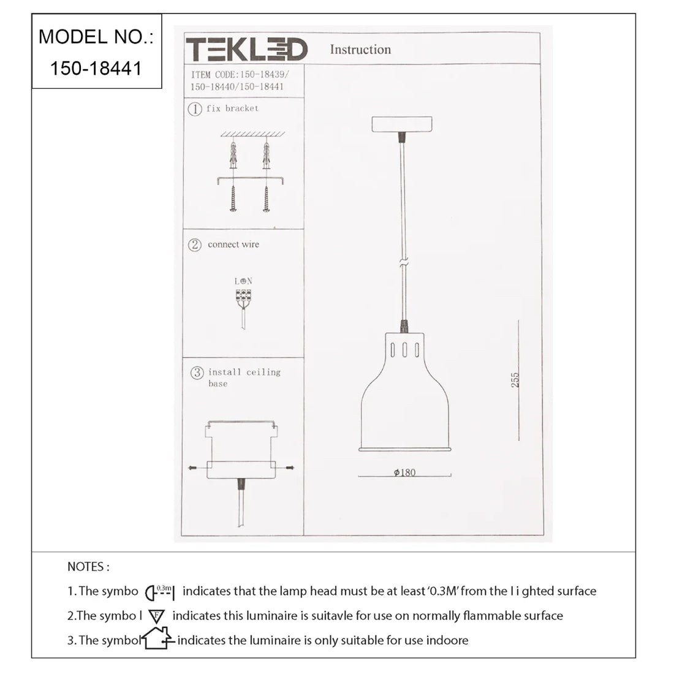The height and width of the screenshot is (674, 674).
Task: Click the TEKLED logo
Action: (246, 48)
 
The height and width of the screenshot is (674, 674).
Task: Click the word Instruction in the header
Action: (360, 50)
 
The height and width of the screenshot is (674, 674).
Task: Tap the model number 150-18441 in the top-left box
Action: (96, 69)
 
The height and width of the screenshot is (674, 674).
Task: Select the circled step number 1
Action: (195, 109)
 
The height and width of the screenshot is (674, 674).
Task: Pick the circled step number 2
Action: (195, 245)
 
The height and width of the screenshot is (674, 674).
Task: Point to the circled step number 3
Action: (197, 373)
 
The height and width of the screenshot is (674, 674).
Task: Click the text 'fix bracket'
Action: (233, 108)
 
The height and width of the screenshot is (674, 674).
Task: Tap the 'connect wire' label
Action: (233, 244)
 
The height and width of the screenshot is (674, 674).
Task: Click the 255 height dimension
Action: (515, 380)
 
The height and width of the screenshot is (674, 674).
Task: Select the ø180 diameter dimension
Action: (404, 472)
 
